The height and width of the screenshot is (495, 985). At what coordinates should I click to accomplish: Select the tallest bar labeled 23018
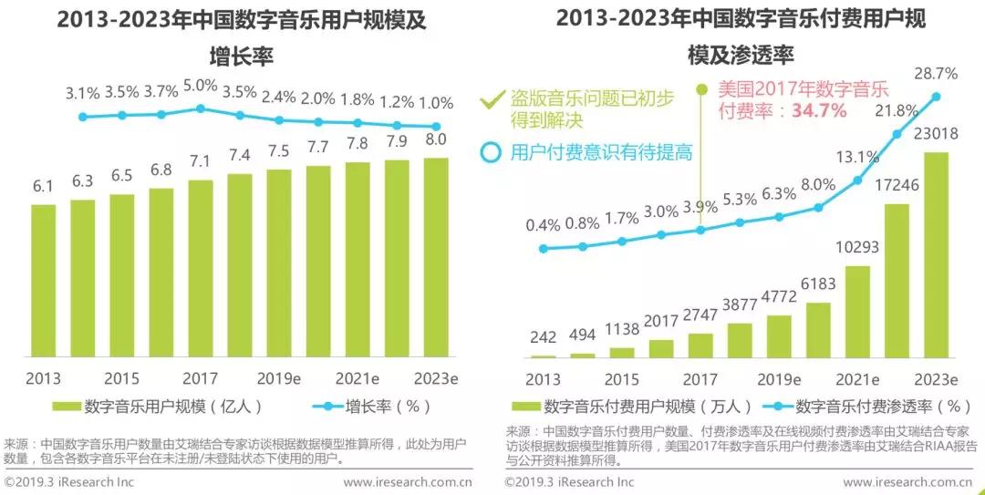[937, 254]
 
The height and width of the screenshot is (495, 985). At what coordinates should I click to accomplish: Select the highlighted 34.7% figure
[820, 111]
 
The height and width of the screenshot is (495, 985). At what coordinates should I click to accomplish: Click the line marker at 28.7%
[937, 96]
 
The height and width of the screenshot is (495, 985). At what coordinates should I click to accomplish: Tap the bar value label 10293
[855, 248]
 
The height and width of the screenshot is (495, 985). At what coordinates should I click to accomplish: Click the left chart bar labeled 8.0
[436, 258]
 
